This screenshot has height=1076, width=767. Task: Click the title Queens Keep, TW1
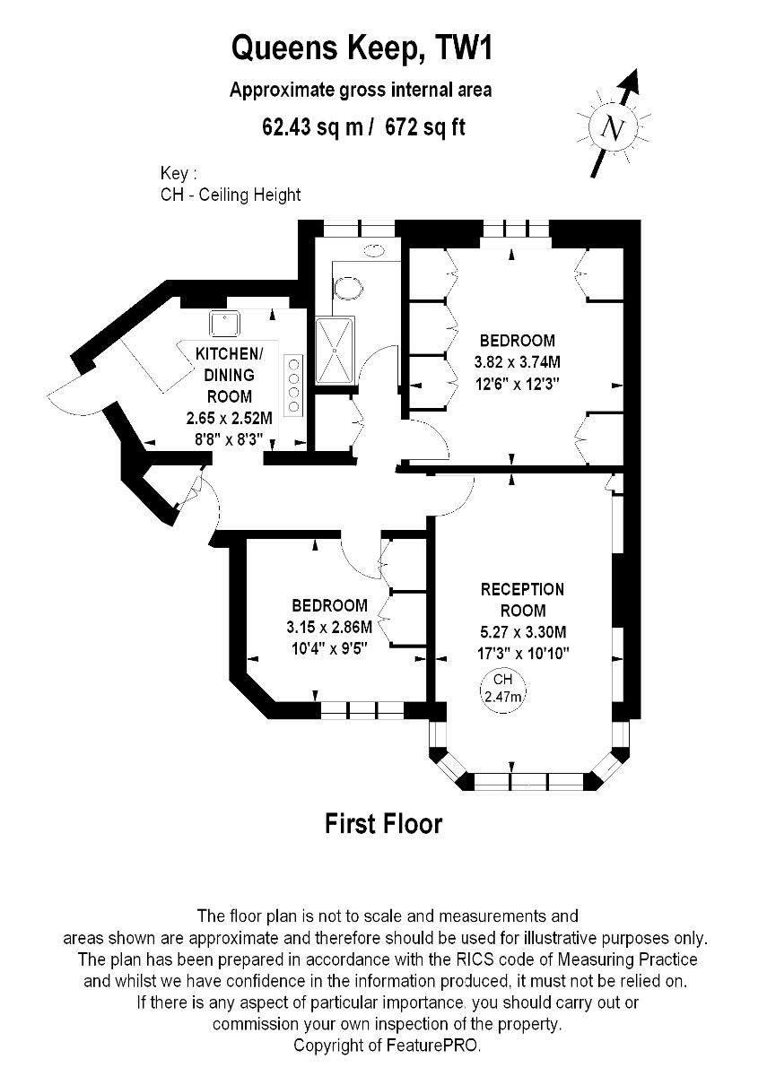click(362, 50)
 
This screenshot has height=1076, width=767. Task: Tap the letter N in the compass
click(614, 127)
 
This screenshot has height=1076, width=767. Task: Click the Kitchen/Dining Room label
click(230, 375)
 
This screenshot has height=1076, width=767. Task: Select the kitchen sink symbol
click(224, 323)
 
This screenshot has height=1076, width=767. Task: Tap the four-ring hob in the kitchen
click(293, 385)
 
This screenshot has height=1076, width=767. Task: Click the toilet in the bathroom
click(348, 288)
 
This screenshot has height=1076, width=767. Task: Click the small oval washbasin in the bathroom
click(374, 250)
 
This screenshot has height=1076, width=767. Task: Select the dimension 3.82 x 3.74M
click(517, 362)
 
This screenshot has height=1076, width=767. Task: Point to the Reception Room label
click(523, 600)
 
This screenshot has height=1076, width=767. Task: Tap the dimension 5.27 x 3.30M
click(523, 631)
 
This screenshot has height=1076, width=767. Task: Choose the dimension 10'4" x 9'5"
click(330, 649)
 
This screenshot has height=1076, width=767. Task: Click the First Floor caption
click(384, 823)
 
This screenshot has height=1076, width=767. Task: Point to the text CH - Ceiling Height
click(231, 195)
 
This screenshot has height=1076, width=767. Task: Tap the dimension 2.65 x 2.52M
click(230, 419)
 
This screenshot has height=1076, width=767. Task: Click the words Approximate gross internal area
click(361, 91)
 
